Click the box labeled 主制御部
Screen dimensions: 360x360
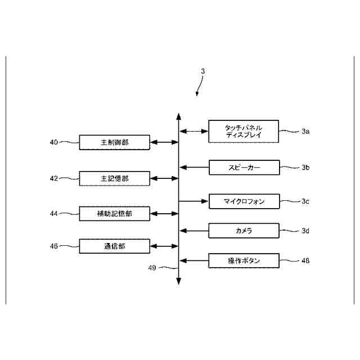coord(114,143)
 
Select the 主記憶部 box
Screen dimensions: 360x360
coord(114,179)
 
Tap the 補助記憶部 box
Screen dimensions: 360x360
coord(114,214)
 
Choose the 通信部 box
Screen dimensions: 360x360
coord(114,246)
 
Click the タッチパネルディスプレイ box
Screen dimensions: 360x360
coord(243,132)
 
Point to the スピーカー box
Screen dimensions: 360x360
coord(244,167)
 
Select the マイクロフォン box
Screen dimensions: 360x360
coord(244,201)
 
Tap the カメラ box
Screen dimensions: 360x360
coord(244,231)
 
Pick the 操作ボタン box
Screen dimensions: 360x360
coord(244,260)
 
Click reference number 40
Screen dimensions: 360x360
coord(54,143)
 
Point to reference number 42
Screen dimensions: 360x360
coord(54,179)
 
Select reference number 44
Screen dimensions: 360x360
coord(54,214)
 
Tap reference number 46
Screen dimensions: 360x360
coord(54,246)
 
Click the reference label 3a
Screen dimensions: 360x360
coord(305,132)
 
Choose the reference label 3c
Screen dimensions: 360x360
coord(305,201)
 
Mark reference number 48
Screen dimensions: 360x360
coord(305,260)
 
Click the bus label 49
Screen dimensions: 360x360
coord(151,268)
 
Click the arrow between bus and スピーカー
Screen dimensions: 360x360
coord(194,167)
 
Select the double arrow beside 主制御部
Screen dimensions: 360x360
coord(164,143)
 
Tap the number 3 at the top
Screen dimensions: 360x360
coord(203,71)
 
